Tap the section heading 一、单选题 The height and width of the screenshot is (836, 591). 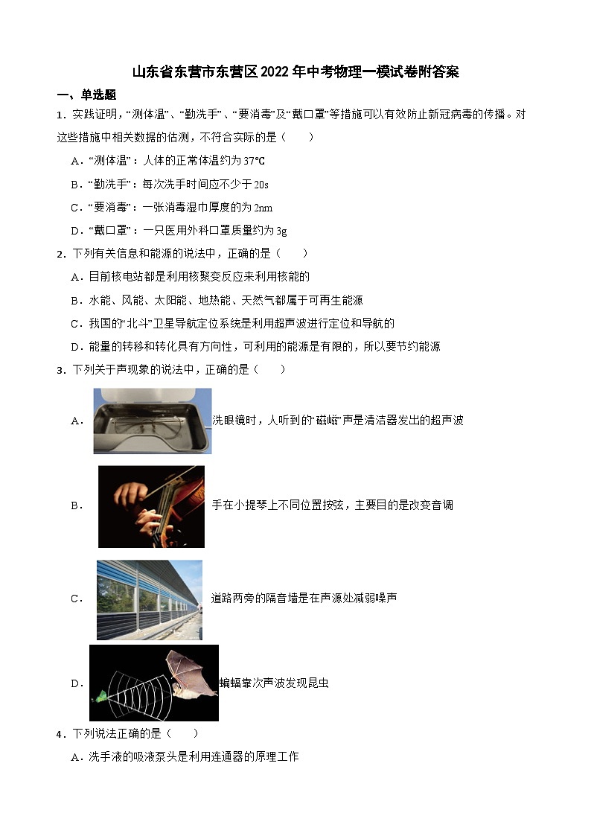point(86,95)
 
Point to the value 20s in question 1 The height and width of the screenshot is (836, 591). point(261,184)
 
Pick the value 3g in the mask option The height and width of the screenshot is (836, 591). point(281,231)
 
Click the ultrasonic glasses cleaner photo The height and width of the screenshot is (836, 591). point(152,421)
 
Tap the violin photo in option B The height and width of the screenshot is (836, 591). point(151,506)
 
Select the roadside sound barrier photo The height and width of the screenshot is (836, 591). point(149,599)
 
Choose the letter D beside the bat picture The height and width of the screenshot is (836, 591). point(75,683)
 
